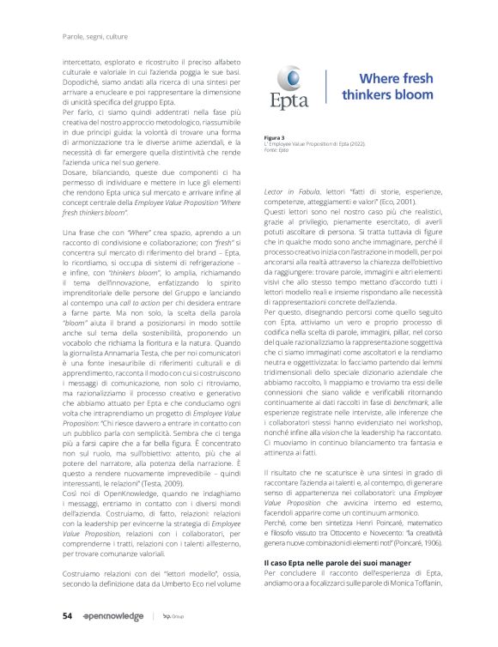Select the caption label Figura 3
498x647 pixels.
click(276, 137)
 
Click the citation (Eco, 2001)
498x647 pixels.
click(413, 196)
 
